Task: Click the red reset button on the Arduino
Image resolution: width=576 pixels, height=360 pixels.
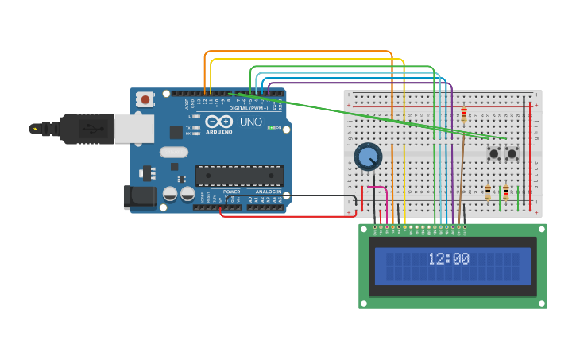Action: pyautogui.click(x=145, y=99)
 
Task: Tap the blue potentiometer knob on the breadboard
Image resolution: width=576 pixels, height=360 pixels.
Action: pyautogui.click(x=368, y=157)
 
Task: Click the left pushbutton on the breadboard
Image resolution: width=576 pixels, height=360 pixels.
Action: pyautogui.click(x=493, y=153)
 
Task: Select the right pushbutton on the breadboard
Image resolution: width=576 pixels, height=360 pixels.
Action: pyautogui.click(x=512, y=153)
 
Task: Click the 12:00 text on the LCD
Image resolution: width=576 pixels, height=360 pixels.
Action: pyautogui.click(x=449, y=259)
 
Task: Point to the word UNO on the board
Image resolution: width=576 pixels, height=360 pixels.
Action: pyautogui.click(x=251, y=122)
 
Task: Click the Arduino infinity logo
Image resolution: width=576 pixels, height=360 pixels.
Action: pyautogui.click(x=218, y=122)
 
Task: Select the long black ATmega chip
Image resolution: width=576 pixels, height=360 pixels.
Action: pyautogui.click(x=239, y=176)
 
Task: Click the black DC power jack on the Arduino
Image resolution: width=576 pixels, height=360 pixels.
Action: pyautogui.click(x=140, y=197)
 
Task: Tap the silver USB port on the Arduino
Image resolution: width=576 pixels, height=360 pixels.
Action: pyautogui.click(x=133, y=128)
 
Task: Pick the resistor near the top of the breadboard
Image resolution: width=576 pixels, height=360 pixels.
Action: pyautogui.click(x=464, y=116)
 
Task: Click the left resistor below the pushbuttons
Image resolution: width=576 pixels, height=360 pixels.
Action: pyautogui.click(x=488, y=192)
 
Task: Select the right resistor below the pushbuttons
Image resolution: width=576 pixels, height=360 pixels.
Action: pyautogui.click(x=506, y=192)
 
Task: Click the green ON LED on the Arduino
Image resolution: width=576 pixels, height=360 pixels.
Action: pyautogui.click(x=271, y=128)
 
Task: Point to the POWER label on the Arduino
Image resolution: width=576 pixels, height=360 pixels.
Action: pyautogui.click(x=231, y=192)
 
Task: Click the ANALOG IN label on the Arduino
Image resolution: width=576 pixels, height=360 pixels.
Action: pyautogui.click(x=267, y=192)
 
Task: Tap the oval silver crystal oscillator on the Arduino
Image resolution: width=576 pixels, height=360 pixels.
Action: pyautogui.click(x=173, y=152)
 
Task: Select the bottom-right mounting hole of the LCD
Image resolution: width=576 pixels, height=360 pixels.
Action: pyautogui.click(x=541, y=302)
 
